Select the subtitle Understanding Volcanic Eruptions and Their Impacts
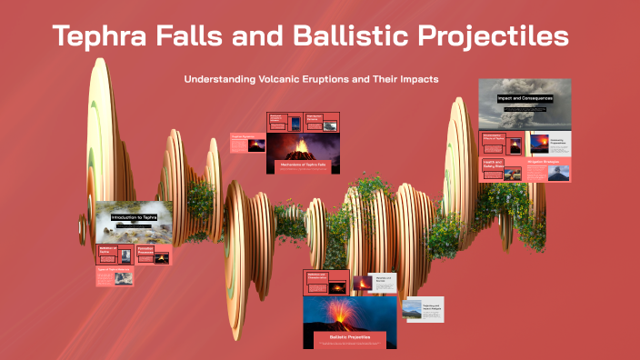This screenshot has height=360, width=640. pyautogui.click(x=311, y=79)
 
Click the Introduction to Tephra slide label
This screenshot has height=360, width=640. pyautogui.click(x=134, y=218)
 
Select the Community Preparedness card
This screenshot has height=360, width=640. pyautogui.click(x=557, y=142)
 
